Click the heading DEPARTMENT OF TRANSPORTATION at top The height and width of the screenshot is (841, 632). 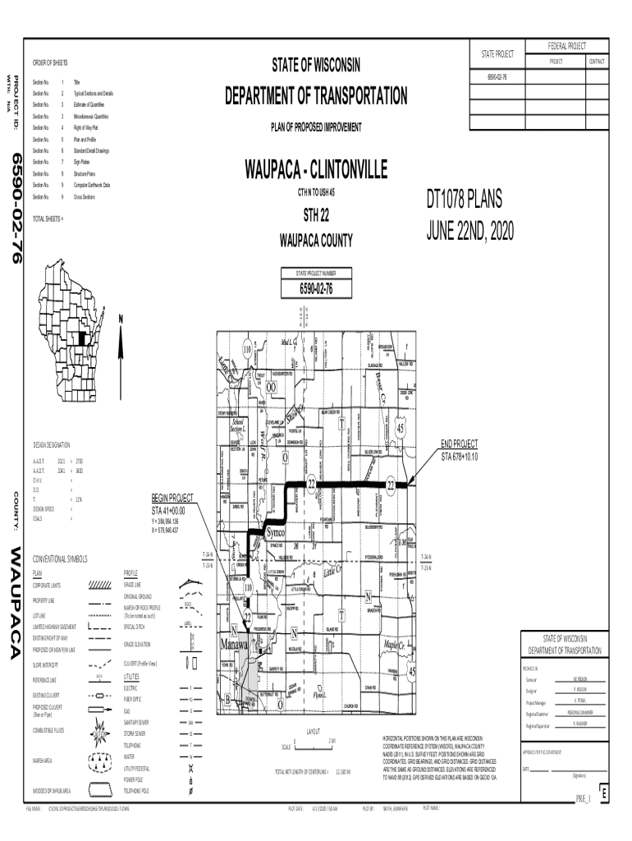point(315,96)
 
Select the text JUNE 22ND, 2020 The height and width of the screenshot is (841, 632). point(469,232)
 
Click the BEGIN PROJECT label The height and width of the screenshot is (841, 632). point(172,498)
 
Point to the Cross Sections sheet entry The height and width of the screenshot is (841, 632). point(86,197)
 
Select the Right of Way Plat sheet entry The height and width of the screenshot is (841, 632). point(85,128)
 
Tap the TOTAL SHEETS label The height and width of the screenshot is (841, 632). point(48,220)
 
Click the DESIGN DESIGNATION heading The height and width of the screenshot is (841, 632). point(52,444)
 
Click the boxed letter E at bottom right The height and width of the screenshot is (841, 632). point(603,796)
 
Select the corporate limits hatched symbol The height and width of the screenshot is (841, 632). point(99,585)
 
